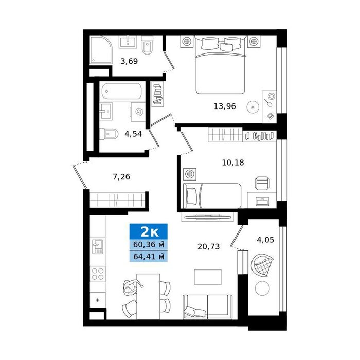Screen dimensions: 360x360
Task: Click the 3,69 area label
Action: pyautogui.click(x=129, y=61)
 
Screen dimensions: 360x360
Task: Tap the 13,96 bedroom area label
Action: pyautogui.click(x=225, y=106)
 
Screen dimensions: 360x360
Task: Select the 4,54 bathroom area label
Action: pyautogui.click(x=133, y=134)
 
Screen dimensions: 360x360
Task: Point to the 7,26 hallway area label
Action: pyautogui.click(x=121, y=176)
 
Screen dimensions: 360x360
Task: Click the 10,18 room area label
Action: pyautogui.click(x=233, y=163)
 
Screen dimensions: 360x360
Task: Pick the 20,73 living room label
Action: pyautogui.click(x=208, y=246)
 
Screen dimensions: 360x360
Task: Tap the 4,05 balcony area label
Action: pyautogui.click(x=265, y=240)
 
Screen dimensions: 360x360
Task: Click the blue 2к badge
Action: pyautogui.click(x=149, y=231)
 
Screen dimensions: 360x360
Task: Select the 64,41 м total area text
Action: pyautogui.click(x=149, y=256)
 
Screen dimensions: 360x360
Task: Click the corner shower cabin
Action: pyautogui.click(x=101, y=50)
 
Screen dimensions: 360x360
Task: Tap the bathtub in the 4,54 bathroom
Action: pyautogui.click(x=121, y=91)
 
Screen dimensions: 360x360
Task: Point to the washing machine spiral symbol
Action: pyautogui.click(x=139, y=112)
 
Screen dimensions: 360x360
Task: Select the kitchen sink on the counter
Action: pyautogui.click(x=98, y=246)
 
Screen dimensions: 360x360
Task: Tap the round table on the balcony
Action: pyautogui.click(x=262, y=289)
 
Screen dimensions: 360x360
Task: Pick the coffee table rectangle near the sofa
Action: pyautogui.click(x=208, y=277)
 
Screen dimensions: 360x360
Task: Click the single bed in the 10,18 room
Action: pyautogui.click(x=212, y=196)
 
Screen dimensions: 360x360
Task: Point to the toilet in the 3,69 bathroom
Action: pyautogui.click(x=147, y=45)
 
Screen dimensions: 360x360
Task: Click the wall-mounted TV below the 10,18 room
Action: pyautogui.click(x=208, y=217)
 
